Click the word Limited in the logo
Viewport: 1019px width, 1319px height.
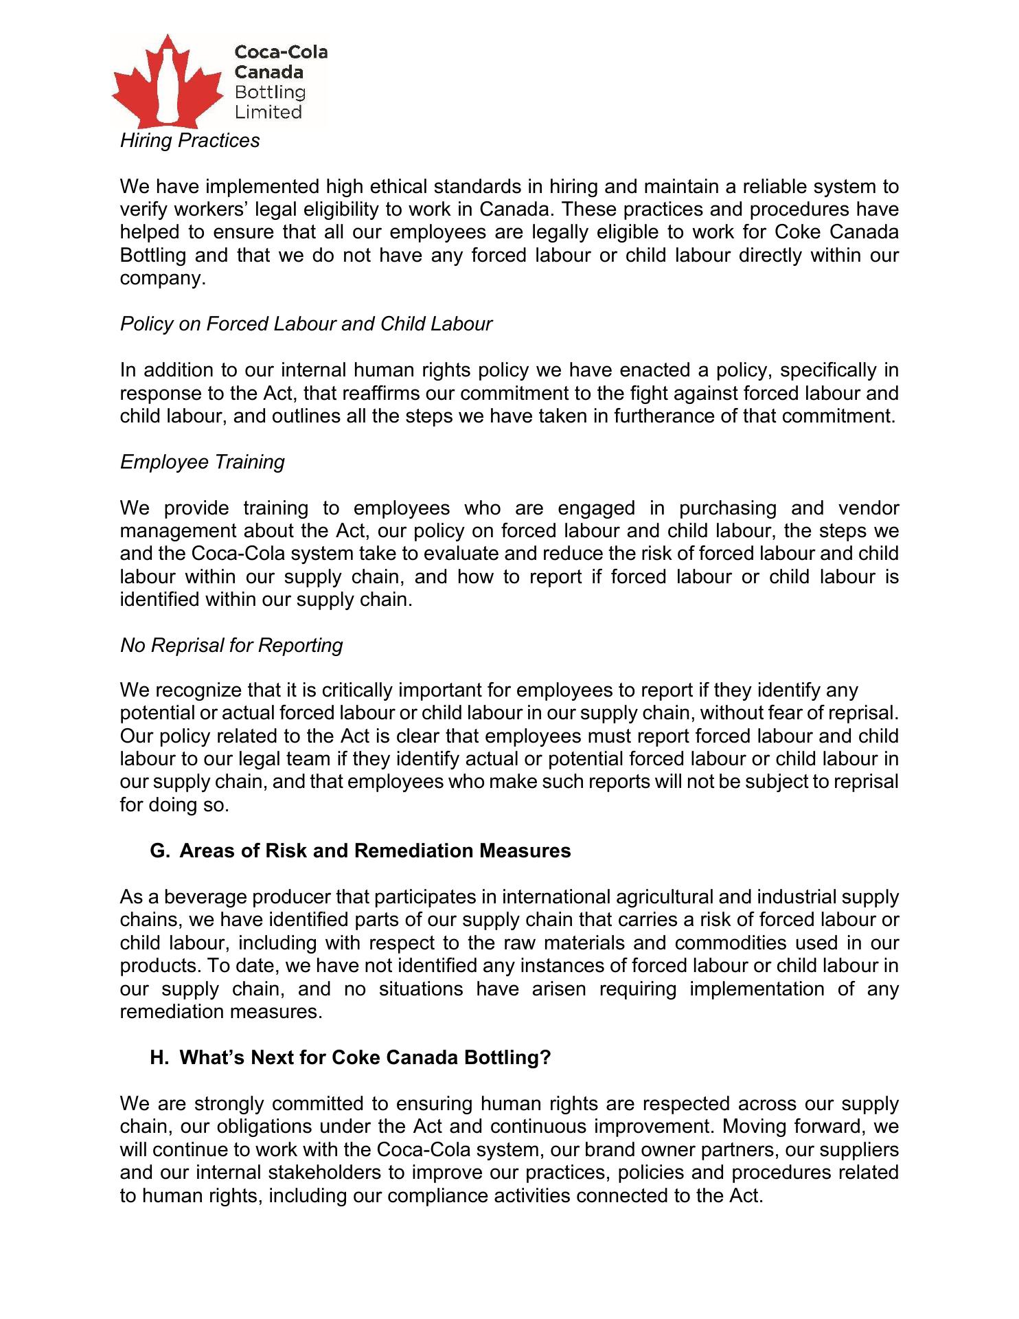coord(268,112)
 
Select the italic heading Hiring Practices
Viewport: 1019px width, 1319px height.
coord(190,140)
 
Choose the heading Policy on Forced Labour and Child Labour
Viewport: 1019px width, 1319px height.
coord(306,324)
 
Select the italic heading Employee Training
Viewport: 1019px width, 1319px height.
coord(203,462)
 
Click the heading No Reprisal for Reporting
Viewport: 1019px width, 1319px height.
coord(231,645)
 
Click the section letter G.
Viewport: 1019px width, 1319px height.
coord(158,851)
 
